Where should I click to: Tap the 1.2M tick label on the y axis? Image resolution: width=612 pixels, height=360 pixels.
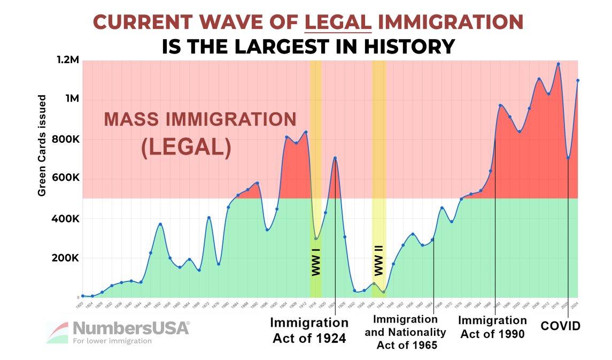(68, 60)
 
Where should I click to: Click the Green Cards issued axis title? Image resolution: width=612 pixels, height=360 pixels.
(42, 145)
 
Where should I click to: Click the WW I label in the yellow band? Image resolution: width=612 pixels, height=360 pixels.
(316, 263)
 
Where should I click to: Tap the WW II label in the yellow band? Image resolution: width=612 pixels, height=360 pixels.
(379, 263)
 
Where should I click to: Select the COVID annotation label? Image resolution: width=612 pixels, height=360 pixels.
(561, 326)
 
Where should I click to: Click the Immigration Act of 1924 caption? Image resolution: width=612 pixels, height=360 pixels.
(309, 330)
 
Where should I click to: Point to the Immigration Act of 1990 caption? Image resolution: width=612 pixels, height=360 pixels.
(492, 327)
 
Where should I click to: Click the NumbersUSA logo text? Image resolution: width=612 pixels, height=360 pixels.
(130, 328)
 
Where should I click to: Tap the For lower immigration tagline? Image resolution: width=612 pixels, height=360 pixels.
(112, 341)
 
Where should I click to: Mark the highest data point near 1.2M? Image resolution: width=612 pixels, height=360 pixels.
(558, 64)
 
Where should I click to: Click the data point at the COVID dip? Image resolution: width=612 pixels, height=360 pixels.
(568, 158)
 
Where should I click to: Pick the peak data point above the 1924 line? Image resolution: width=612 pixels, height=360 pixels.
(335, 158)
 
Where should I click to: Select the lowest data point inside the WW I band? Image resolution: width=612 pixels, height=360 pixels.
(316, 239)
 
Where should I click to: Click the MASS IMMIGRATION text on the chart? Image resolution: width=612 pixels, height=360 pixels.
(199, 119)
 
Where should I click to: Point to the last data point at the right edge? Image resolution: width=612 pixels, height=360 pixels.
(578, 81)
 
